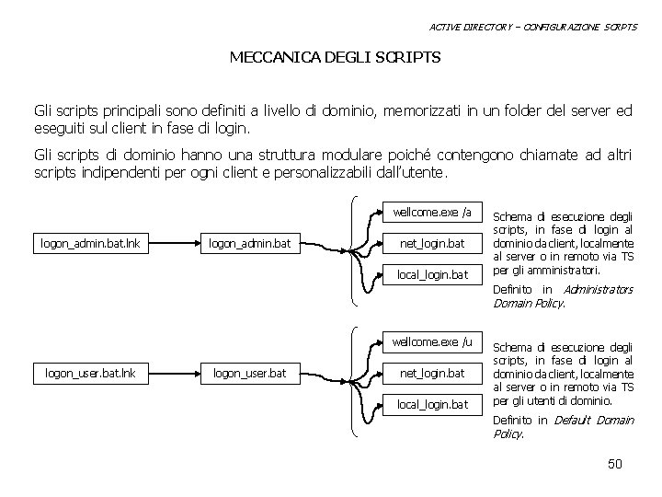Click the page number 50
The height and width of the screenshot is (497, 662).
click(x=615, y=464)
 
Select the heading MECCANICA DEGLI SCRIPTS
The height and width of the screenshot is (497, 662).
click(x=335, y=58)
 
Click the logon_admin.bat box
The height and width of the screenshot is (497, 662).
click(x=249, y=243)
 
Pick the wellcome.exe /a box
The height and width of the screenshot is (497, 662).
click(x=431, y=213)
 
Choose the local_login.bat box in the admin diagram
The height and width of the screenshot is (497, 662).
click(x=431, y=274)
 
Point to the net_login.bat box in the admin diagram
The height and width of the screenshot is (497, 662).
click(x=431, y=243)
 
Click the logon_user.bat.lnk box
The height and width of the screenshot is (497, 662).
click(x=90, y=373)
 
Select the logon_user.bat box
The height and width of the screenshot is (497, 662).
click(x=249, y=373)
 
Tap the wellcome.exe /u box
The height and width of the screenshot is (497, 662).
click(x=431, y=342)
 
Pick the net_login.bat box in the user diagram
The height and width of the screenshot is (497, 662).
click(x=431, y=373)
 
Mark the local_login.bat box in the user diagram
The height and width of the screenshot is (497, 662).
click(x=431, y=404)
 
